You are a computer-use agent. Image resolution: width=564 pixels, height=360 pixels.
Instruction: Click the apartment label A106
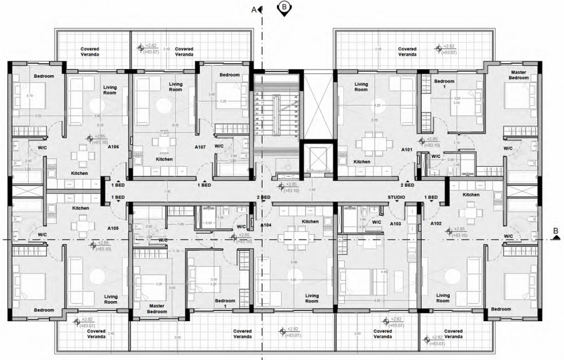113,147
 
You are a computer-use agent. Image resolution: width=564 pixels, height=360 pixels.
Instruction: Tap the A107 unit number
201,147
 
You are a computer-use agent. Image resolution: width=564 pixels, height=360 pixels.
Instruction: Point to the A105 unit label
113,228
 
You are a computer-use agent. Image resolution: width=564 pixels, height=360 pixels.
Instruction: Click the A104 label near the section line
266,224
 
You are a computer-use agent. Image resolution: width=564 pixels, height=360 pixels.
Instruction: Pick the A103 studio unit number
396,223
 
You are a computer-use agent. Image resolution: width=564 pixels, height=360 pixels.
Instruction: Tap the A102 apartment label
437,223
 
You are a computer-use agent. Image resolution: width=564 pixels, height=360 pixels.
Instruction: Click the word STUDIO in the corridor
396,198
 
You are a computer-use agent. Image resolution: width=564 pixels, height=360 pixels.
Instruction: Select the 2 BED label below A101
408,185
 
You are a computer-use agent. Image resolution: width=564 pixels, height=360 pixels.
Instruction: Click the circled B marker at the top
284,7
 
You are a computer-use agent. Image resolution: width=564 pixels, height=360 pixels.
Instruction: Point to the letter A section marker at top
254,9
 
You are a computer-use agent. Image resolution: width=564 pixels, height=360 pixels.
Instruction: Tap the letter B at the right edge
555,231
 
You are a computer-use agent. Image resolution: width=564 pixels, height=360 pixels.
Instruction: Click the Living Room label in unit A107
175,87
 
